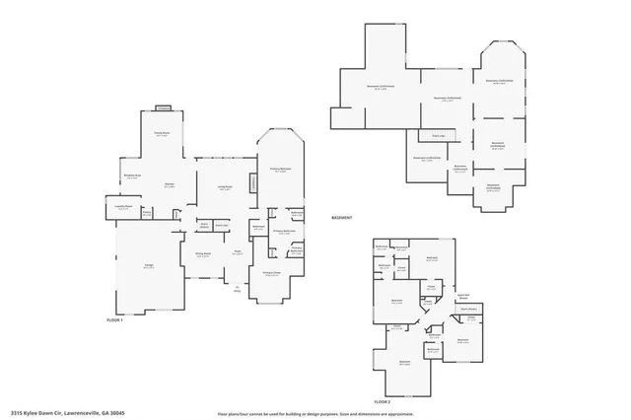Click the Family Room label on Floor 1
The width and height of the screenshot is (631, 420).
(162, 134)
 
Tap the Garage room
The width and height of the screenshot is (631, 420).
(148, 267)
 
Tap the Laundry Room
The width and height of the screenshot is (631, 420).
(123, 208)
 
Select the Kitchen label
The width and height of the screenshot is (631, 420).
(169, 184)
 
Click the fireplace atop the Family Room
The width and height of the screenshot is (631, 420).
(163, 108)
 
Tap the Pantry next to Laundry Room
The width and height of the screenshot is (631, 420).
(146, 212)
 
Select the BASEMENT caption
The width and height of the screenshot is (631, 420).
(342, 217)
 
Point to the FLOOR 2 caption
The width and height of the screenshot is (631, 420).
(382, 402)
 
